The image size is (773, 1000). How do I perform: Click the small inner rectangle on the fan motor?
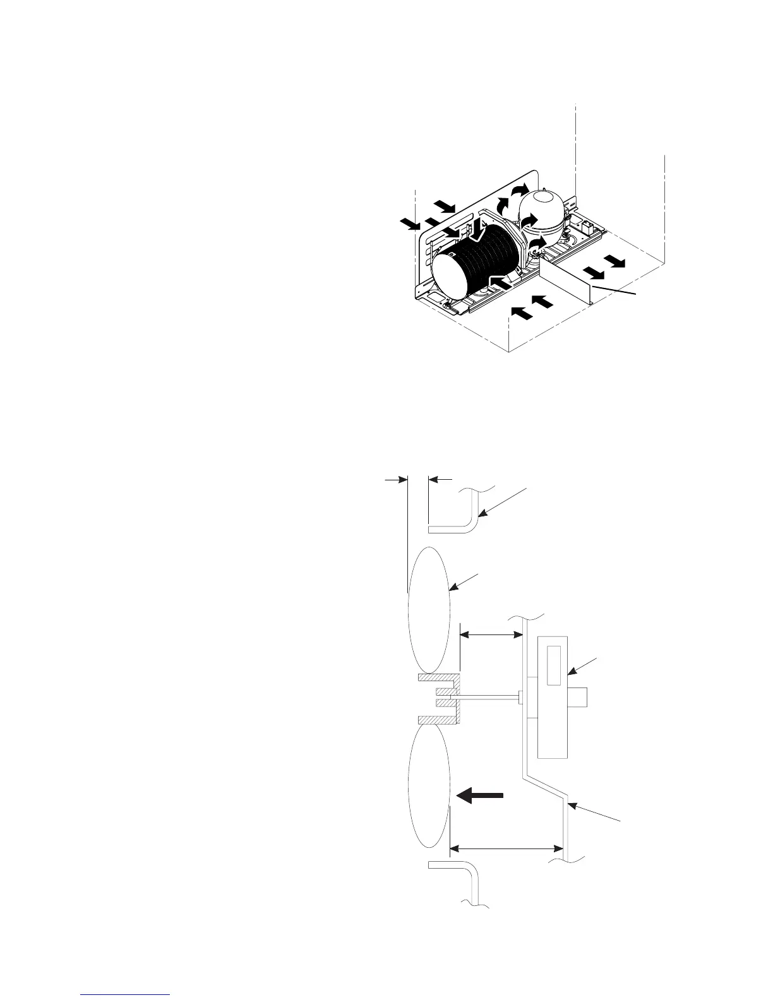click(x=554, y=665)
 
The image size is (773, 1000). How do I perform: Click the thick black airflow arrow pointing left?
click(x=480, y=796)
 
